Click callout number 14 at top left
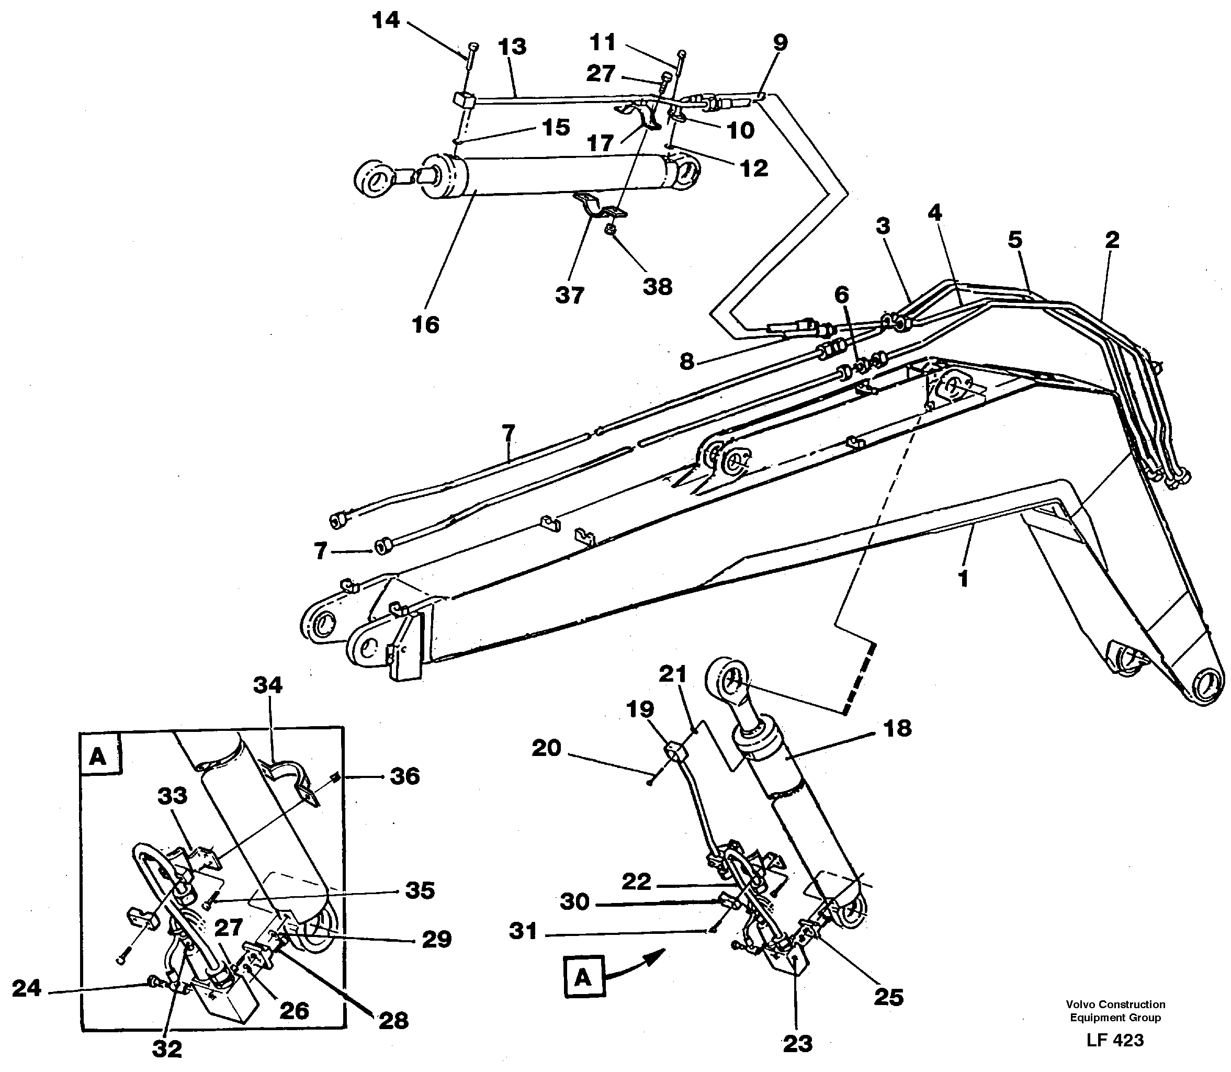[x=385, y=20]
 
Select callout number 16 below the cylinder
[x=425, y=325]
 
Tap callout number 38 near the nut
[x=658, y=287]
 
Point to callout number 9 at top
[x=780, y=42]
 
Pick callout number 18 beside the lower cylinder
[x=897, y=728]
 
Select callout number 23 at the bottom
[x=797, y=1044]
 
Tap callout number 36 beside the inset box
[x=404, y=776]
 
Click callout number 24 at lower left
[x=27, y=988]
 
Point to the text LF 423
[x=1114, y=1040]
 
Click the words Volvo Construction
[x=1115, y=1005]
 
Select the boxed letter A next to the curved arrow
[x=583, y=977]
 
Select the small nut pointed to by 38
[x=610, y=229]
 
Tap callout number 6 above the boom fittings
[x=841, y=295]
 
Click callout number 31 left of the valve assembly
[x=523, y=931]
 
